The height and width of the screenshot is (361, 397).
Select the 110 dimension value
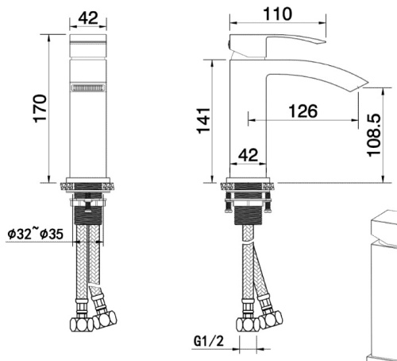tap(277, 14)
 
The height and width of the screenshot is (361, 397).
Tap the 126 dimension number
tap(302, 111)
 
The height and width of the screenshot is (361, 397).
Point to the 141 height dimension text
tap(205, 120)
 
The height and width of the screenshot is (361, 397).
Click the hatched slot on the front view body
tap(87, 89)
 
